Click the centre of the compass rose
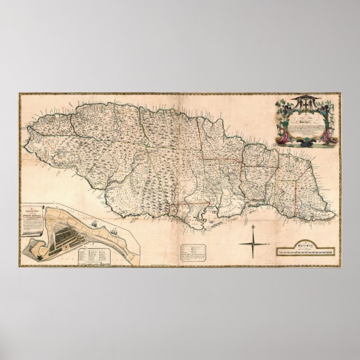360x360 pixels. [254, 243]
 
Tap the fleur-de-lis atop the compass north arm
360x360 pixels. [254, 226]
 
